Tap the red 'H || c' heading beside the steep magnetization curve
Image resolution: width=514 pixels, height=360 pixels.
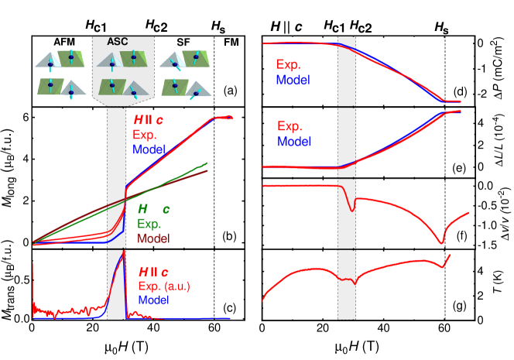[148, 120]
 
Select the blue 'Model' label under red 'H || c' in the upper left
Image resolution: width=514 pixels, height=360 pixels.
[149, 149]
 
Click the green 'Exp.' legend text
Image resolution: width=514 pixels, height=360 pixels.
[149, 224]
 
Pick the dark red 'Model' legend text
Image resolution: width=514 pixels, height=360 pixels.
[153, 238]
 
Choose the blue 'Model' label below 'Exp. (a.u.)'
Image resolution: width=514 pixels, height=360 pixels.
[154, 300]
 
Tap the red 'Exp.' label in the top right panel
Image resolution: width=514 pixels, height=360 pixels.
[288, 65]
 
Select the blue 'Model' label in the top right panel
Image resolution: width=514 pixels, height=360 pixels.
[293, 79]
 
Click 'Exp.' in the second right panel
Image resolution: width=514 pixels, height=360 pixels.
[290, 127]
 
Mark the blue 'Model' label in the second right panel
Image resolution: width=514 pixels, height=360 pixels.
[294, 142]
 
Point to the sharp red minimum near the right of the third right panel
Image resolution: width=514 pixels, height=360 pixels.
[442, 243]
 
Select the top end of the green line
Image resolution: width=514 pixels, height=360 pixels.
[207, 163]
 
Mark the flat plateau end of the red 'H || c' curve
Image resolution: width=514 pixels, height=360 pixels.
[230, 116]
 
